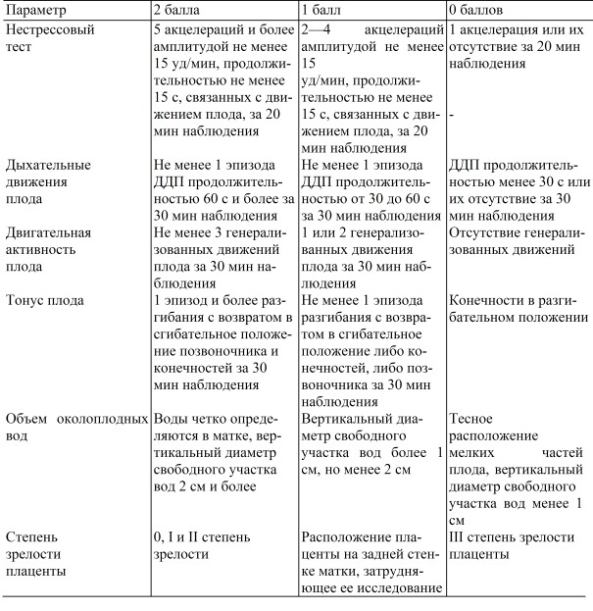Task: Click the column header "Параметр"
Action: pyautogui.click(x=38, y=11)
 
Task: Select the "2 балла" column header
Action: pyautogui.click(x=181, y=11)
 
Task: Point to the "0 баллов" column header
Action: pyautogui.click(x=481, y=11)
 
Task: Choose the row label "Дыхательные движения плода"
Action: pyautogui.click(x=48, y=181)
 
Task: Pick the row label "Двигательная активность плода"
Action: pyautogui.click(x=48, y=250)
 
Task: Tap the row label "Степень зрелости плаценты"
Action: pyautogui.click(x=36, y=553)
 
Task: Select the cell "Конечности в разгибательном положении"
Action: pyautogui.click(x=518, y=309)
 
